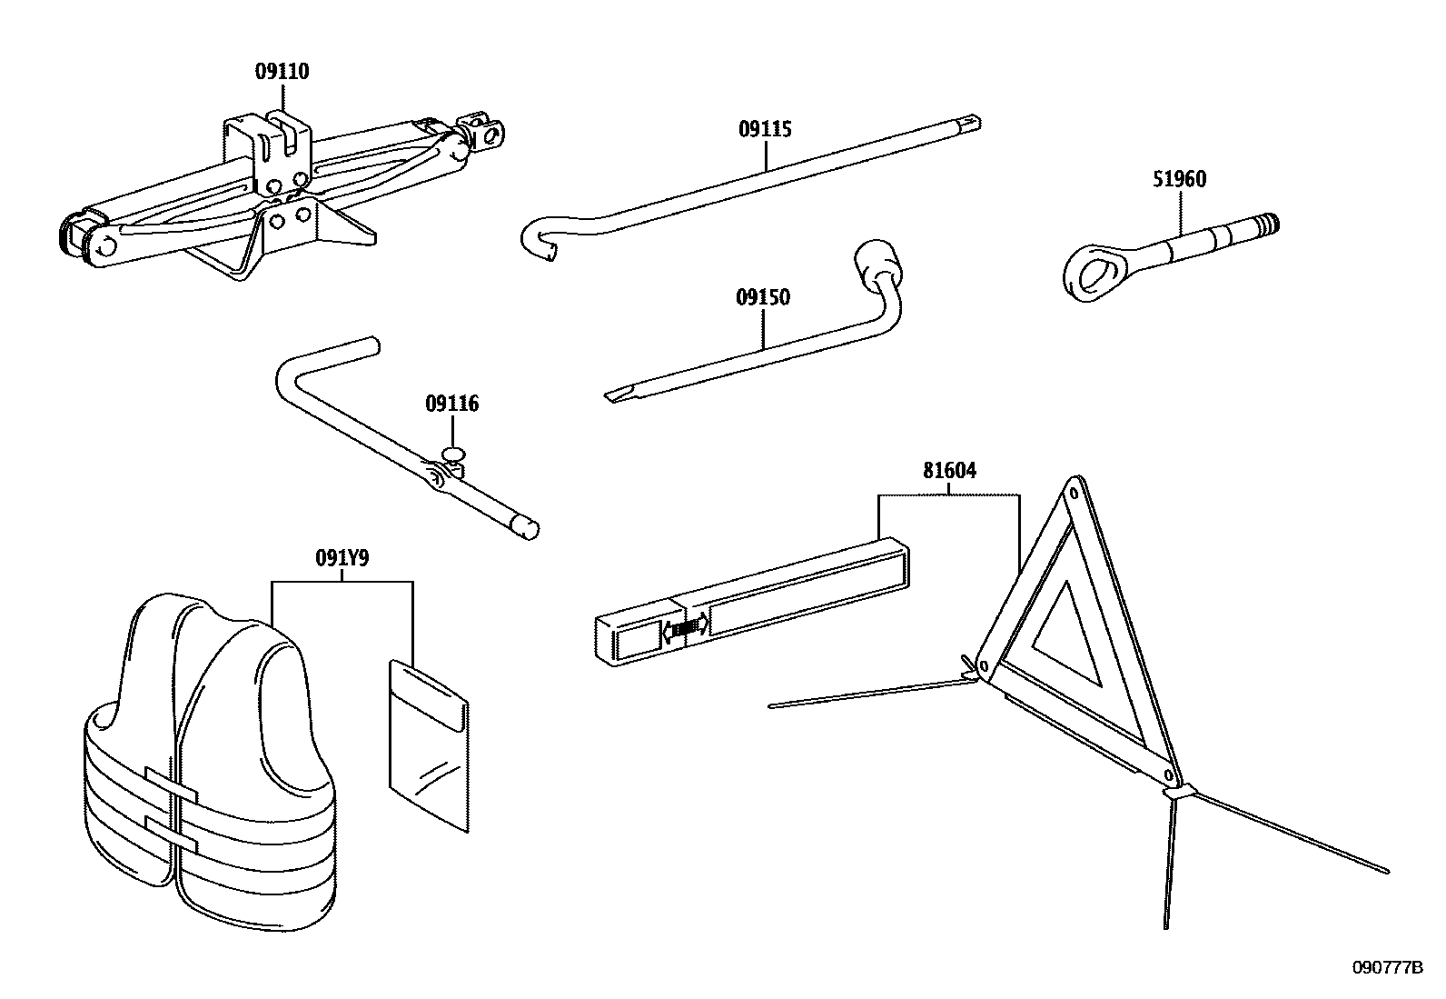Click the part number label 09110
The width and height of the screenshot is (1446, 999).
[x=282, y=72]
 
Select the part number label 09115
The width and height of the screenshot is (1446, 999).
[x=765, y=129]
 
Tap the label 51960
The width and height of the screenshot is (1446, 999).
[x=1180, y=179]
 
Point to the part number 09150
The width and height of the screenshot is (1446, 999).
[x=763, y=297]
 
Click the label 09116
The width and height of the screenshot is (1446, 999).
[x=451, y=404]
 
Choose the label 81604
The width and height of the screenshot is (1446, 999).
[x=949, y=470]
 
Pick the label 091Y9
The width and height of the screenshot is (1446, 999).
[x=342, y=559]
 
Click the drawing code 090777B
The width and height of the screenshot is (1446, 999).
[x=1386, y=968]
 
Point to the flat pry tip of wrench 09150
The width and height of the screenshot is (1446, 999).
[x=616, y=395]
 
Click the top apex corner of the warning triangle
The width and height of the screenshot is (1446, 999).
[x=1074, y=494]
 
